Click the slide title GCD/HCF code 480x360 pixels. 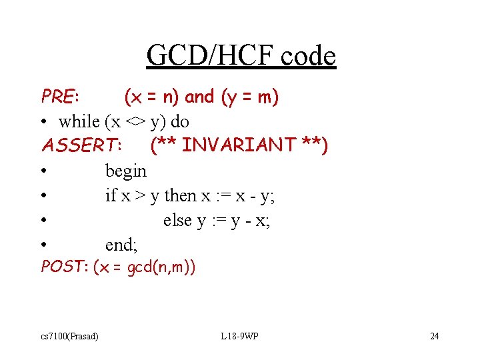[x=241, y=56]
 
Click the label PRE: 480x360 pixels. [x=61, y=97]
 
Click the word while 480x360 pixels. [x=79, y=122]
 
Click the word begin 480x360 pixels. [x=125, y=171]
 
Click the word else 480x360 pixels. [x=177, y=221]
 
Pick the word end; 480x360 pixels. [x=121, y=245]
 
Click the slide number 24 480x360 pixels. [x=434, y=336]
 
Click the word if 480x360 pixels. [x=111, y=196]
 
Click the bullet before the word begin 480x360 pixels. [x=44, y=171]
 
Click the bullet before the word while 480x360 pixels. [x=44, y=122]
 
